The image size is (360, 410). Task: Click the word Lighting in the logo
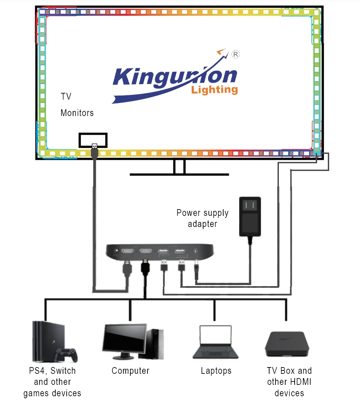click(215, 90)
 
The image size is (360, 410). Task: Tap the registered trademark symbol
click(236, 54)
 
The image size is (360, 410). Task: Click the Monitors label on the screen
click(77, 113)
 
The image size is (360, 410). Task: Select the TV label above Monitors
click(66, 97)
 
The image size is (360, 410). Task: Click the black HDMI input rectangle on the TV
click(93, 140)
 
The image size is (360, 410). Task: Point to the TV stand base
click(179, 174)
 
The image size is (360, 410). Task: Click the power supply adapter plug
click(250, 216)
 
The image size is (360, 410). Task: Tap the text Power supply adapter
click(202, 218)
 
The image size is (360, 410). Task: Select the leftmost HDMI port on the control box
click(127, 251)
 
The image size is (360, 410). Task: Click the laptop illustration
click(216, 342)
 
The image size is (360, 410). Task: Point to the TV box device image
click(287, 344)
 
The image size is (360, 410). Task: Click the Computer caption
click(130, 371)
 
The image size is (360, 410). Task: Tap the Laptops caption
click(216, 371)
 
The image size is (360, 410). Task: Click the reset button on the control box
click(116, 250)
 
